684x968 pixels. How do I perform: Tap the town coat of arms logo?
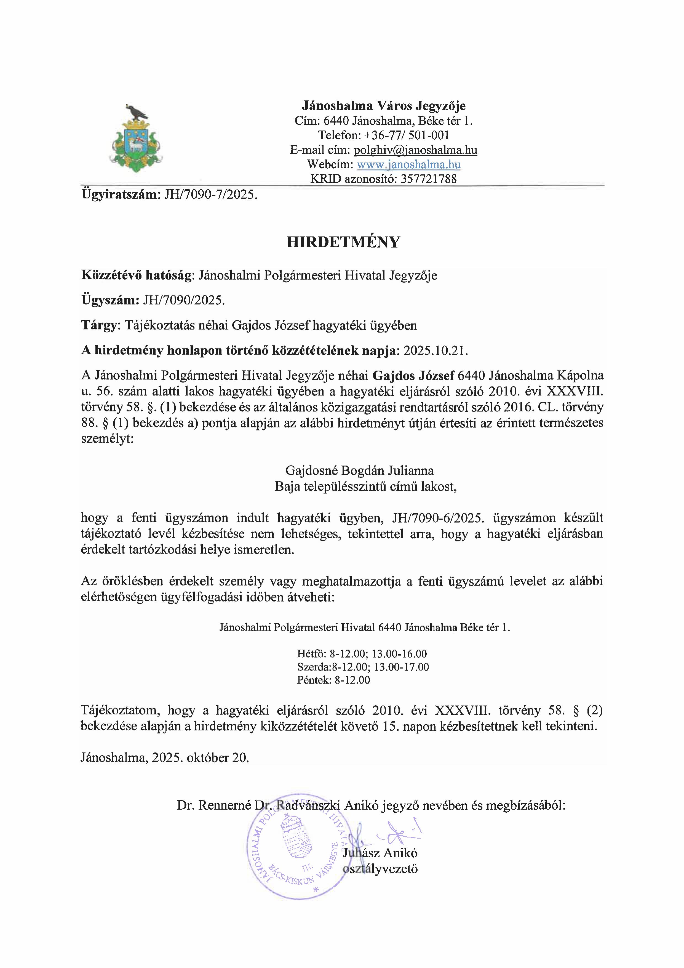pos(137,139)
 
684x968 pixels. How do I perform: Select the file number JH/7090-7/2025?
pos(207,195)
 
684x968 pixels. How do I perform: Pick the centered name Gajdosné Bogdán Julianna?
pos(359,470)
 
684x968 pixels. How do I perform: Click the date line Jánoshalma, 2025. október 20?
pos(165,758)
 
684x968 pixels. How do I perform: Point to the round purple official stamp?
pos(295,854)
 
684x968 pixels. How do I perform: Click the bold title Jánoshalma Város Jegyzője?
pos(384,105)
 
